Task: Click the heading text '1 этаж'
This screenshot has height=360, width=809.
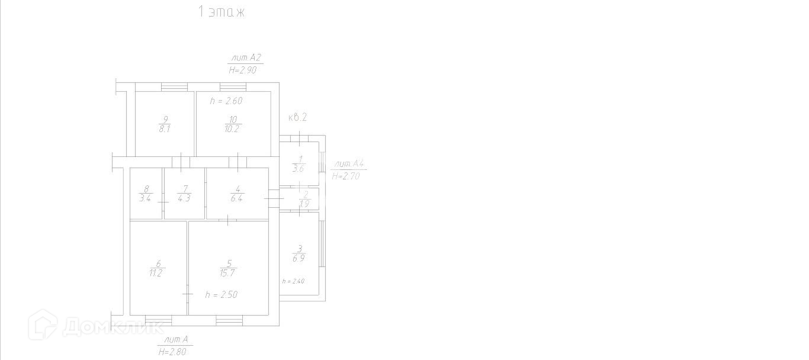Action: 221,12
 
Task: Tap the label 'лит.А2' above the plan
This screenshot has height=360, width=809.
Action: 245,58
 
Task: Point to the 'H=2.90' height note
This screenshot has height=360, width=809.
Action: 243,70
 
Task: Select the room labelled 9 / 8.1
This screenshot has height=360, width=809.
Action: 165,124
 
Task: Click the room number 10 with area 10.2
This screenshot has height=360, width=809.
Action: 233,124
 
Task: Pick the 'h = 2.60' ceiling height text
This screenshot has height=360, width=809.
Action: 226,101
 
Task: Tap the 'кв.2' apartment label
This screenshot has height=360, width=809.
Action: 297,117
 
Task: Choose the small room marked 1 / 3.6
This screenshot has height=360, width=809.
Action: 298,164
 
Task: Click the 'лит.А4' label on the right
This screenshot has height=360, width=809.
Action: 349,164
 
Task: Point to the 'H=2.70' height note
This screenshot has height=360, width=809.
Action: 346,176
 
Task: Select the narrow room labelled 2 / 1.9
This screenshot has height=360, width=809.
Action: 304,199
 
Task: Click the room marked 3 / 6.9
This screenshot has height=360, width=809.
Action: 299,253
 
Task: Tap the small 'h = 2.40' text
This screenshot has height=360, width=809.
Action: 293,281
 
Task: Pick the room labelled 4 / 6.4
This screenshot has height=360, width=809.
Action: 236,194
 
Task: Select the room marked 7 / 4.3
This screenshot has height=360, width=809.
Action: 184,194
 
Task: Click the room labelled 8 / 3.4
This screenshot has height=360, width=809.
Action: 145,194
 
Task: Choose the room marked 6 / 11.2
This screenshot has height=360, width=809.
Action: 158,268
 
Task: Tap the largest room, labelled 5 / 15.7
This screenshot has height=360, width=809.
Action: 229,268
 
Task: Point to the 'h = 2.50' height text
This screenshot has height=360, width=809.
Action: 221,294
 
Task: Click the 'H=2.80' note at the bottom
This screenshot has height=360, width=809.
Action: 174,352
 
